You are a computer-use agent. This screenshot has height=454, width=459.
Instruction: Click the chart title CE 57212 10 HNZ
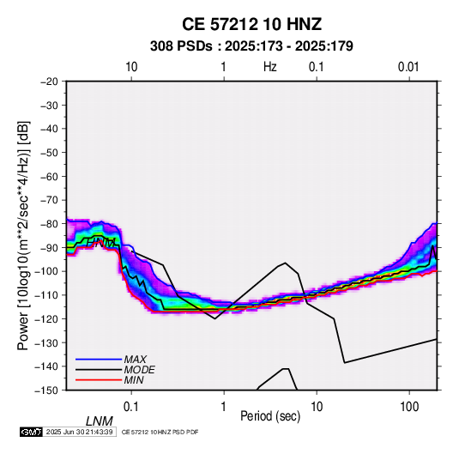pyautogui.click(x=251, y=24)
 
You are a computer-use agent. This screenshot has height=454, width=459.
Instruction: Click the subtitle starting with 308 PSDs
pyautogui.click(x=251, y=46)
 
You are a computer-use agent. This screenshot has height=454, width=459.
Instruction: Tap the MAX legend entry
pyautogui.click(x=135, y=359)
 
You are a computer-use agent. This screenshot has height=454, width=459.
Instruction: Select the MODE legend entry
pyautogui.click(x=139, y=370)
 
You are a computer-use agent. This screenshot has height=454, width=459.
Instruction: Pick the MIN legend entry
pyautogui.click(x=134, y=380)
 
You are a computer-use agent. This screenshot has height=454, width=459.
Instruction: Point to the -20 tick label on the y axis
pyautogui.click(x=49, y=82)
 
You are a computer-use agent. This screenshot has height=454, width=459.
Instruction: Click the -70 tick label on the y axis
pyautogui.click(x=49, y=200)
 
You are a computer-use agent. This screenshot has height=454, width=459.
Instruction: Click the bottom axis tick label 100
pyautogui.click(x=409, y=407)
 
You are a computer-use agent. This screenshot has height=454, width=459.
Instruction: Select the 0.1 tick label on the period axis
pyautogui.click(x=131, y=407)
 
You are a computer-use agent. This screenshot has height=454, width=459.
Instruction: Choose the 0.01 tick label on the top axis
pyautogui.click(x=408, y=67)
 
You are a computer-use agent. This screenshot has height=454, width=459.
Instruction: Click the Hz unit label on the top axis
pyautogui.click(x=270, y=67)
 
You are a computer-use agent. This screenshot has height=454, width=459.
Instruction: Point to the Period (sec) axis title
pyautogui.click(x=270, y=416)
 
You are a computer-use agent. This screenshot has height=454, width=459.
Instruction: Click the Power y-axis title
pyautogui.click(x=23, y=236)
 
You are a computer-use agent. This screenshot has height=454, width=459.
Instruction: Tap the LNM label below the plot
pyautogui.click(x=100, y=421)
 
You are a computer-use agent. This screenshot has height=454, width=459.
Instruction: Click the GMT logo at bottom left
pyautogui.click(x=32, y=432)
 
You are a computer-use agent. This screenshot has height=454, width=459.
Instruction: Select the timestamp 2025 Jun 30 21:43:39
pyautogui.click(x=79, y=432)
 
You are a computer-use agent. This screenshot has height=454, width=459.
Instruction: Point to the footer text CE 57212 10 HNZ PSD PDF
pyautogui.click(x=160, y=432)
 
